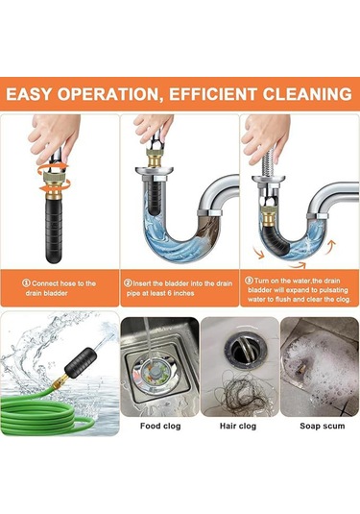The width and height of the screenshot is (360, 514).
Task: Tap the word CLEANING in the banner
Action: (307, 94)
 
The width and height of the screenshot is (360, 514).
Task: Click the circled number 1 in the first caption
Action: (26, 282)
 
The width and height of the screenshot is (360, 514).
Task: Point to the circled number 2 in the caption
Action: (128, 282)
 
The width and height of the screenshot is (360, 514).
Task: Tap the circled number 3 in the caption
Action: (249, 281)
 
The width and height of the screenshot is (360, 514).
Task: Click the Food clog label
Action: (160, 426)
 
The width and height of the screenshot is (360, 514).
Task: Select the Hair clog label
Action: (238, 426)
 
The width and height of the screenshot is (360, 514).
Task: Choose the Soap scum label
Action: (323, 426)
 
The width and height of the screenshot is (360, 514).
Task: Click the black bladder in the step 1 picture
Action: (54, 231)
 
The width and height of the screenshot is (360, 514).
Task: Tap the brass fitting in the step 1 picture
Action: (54, 186)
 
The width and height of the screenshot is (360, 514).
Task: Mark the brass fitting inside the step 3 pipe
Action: (269, 217)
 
